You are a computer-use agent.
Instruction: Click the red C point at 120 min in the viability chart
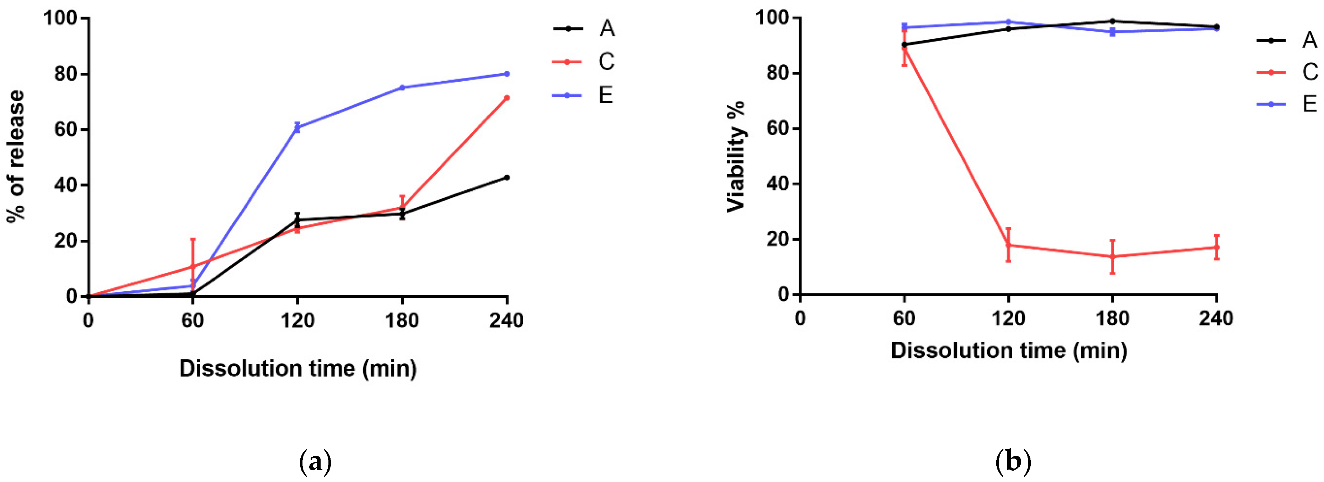1008,245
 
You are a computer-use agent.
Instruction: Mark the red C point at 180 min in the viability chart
1112,256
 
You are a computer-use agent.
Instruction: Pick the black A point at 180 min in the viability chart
1112,21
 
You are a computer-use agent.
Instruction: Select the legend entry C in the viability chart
1310,72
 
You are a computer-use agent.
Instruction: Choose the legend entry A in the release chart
606,28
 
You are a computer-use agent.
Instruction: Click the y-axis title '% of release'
16,157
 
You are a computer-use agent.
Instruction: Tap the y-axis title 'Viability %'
735,157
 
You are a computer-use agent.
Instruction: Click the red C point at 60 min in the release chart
193,266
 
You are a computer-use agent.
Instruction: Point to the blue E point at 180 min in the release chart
402,87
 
